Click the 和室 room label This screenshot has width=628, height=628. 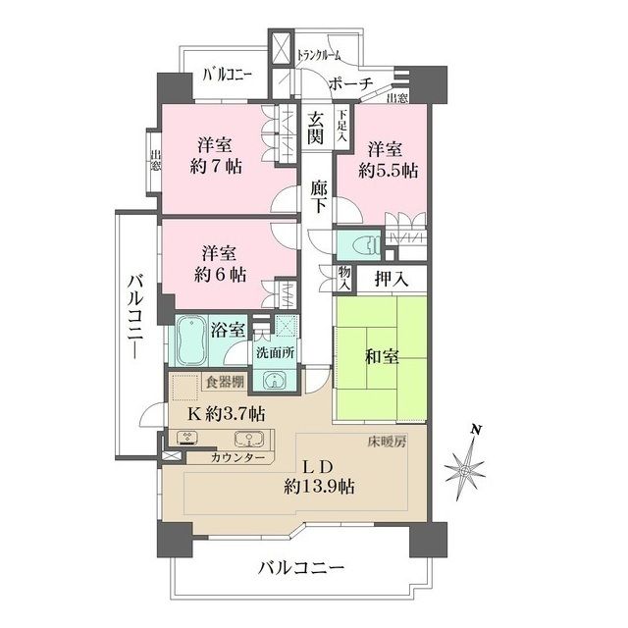tap(383, 357)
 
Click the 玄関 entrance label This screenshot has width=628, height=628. tap(317, 129)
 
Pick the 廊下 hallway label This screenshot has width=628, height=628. tap(318, 191)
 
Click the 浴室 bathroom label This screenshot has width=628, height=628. tap(230, 332)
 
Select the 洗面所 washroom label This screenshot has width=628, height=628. tap(273, 352)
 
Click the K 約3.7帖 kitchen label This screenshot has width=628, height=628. tap(226, 412)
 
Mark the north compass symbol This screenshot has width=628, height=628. tap(465, 472)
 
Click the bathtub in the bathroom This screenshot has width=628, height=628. tap(191, 340)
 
